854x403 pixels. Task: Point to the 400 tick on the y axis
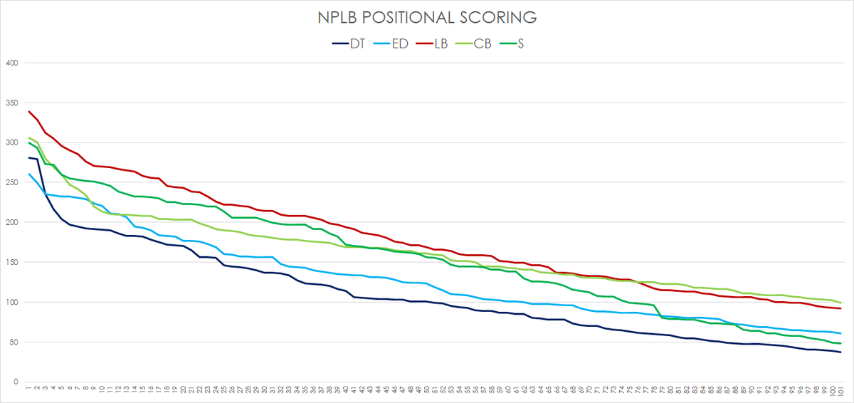pyautogui.click(x=11, y=63)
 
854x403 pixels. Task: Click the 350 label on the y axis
pyautogui.click(x=11, y=103)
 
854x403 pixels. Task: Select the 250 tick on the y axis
pyautogui.click(x=11, y=182)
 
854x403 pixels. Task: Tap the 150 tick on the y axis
pyautogui.click(x=11, y=262)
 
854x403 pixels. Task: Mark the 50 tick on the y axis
pyautogui.click(x=12, y=342)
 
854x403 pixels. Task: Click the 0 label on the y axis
pyautogui.click(x=14, y=382)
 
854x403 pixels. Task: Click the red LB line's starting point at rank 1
pyautogui.click(x=28, y=112)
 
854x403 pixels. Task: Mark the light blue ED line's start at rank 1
pyautogui.click(x=28, y=174)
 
